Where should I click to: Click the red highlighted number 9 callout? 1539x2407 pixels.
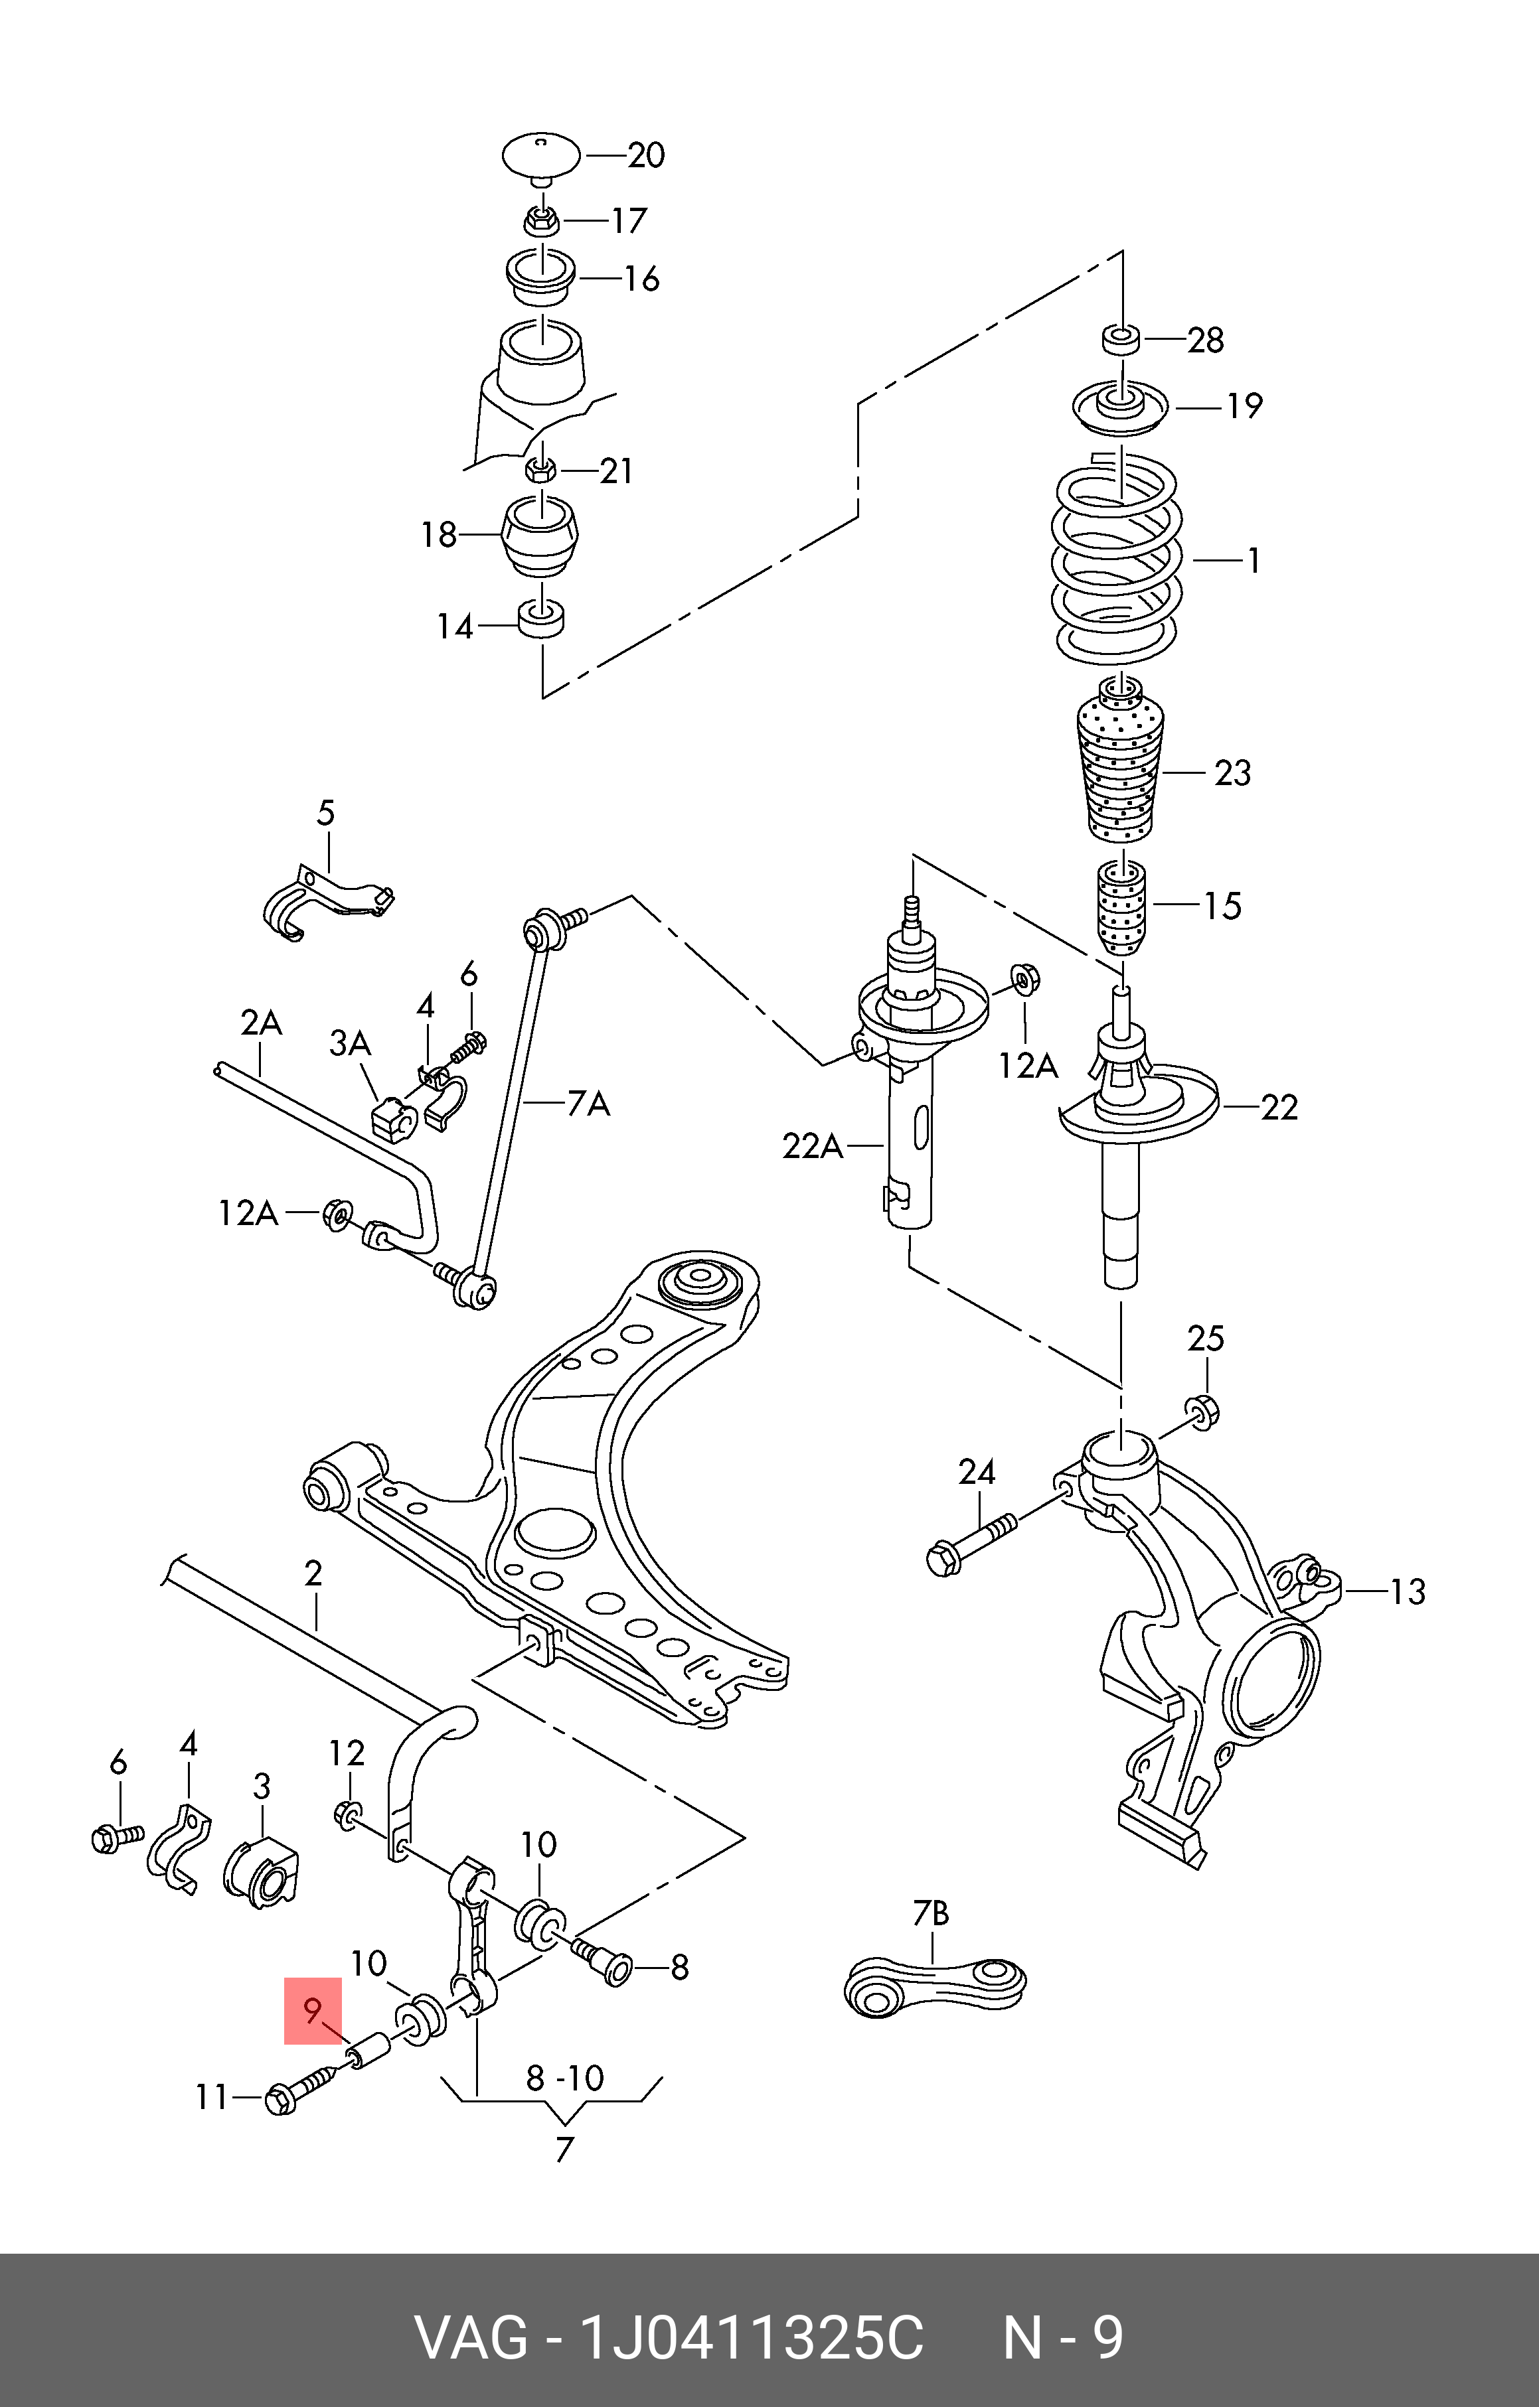point(313,2010)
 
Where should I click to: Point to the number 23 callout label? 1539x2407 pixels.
point(1232,772)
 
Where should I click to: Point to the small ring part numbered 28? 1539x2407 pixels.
point(1121,339)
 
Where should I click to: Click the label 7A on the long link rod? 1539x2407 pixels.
point(588,1104)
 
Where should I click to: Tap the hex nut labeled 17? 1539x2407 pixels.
point(541,219)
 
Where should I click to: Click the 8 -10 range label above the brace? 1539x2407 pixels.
point(565,2078)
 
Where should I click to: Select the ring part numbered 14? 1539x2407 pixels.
point(542,618)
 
